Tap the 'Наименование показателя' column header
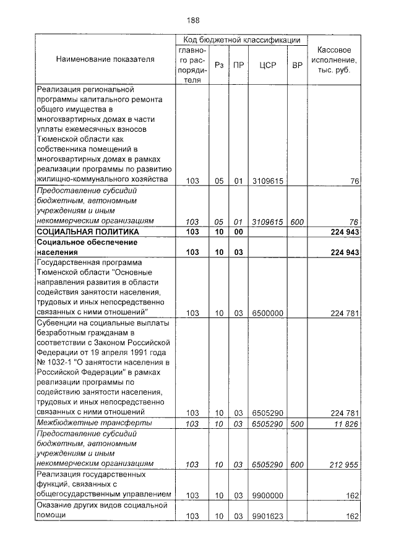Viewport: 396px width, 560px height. click(105, 59)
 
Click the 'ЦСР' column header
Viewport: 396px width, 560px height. click(268, 64)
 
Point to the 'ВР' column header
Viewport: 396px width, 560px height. click(297, 64)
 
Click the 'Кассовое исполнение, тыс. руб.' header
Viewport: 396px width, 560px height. click(334, 59)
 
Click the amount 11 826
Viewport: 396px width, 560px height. click(345, 424)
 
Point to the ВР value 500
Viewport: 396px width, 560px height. click(297, 424)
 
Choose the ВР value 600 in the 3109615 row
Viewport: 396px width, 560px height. click(297, 221)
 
